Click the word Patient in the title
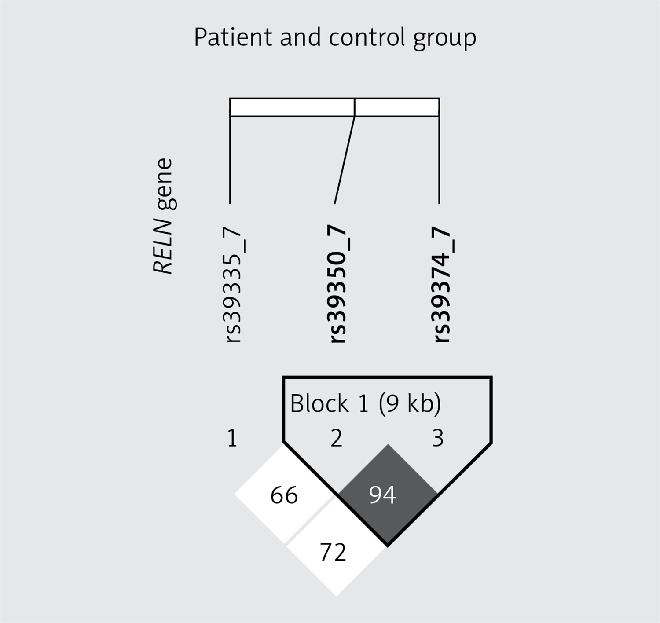click(233, 37)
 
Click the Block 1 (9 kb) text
click(366, 403)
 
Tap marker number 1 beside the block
click(232, 438)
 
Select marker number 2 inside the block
click(336, 438)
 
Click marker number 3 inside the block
click(438, 438)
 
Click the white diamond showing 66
click(285, 495)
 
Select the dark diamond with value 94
click(388, 495)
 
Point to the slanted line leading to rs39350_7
click(345, 160)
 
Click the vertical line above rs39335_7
click(230, 160)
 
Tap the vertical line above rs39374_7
click(439, 160)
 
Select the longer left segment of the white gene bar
click(292, 107)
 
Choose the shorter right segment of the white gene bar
click(397, 107)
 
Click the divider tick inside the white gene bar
click(355, 107)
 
